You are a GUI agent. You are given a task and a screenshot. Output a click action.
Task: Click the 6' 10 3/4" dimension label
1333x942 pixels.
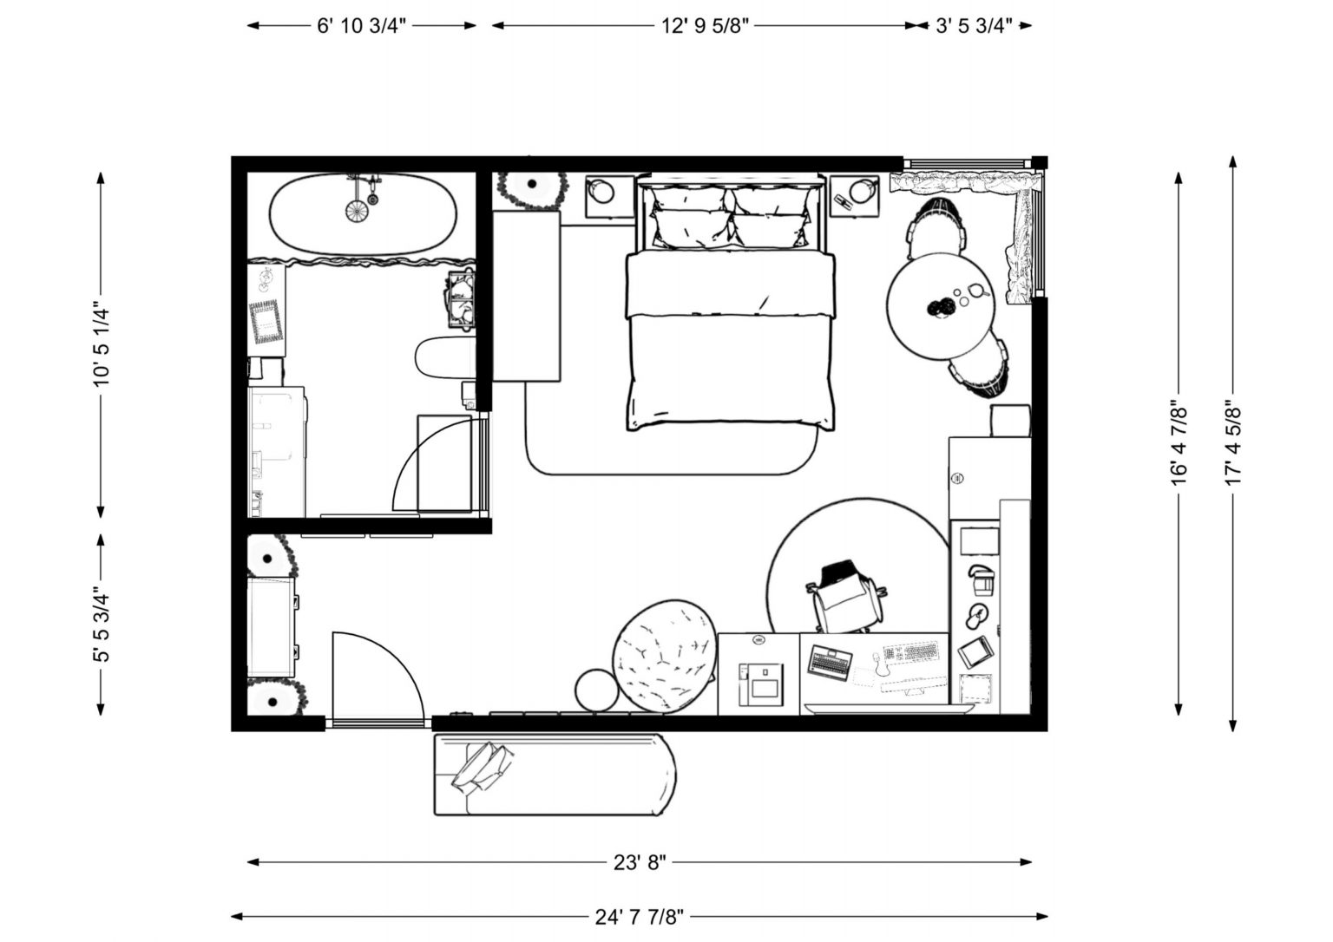(362, 26)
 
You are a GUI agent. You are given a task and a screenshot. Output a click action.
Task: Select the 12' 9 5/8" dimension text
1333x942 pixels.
(705, 26)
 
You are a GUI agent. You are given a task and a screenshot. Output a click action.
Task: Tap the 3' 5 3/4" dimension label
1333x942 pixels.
(975, 26)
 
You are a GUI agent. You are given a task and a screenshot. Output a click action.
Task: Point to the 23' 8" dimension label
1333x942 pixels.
(640, 862)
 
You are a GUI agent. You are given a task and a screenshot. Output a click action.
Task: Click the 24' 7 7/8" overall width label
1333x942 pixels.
(640, 916)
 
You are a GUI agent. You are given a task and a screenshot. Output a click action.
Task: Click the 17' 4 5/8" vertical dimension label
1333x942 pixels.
(1234, 442)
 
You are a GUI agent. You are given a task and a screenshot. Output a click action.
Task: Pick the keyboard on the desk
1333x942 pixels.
(911, 651)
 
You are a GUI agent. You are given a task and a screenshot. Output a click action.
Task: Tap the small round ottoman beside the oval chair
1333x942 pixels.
(596, 691)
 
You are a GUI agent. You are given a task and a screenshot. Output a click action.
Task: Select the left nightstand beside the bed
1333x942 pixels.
(608, 196)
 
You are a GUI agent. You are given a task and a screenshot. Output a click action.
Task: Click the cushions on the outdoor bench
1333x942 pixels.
(483, 766)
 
